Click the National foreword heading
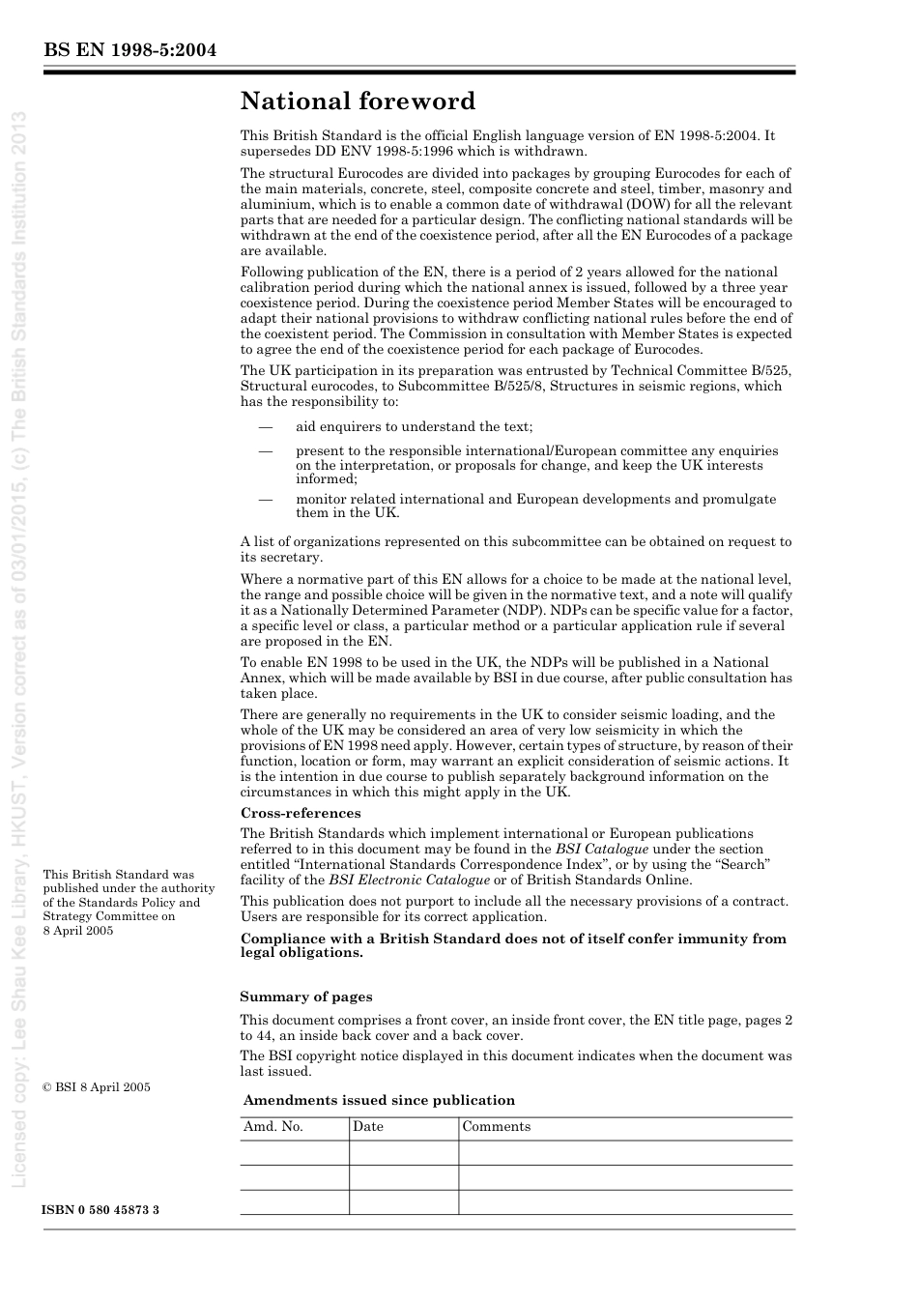pos(358,101)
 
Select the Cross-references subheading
pos(301,813)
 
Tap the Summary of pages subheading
pos(306,997)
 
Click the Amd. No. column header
pos(273,1127)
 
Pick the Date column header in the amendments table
pos(368,1127)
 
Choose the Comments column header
pos(497,1127)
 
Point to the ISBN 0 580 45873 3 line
pos(101,1210)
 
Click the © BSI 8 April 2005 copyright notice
pos(97,1087)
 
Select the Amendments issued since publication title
pos(379,1100)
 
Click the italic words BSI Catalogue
pos(601,850)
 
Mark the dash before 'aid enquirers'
pos(264,426)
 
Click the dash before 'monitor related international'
pos(264,500)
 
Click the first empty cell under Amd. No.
pos(295,1152)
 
